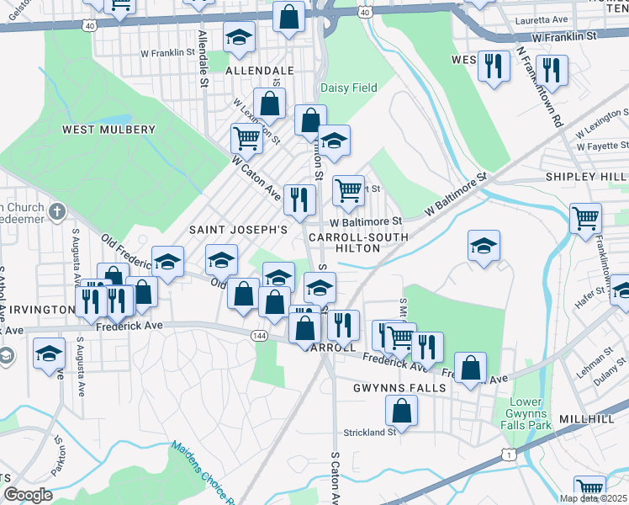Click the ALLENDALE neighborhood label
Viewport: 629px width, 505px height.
(259, 72)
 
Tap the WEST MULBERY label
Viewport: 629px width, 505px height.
(109, 130)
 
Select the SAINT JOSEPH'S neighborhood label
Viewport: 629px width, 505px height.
(238, 229)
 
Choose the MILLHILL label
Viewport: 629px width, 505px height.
(598, 394)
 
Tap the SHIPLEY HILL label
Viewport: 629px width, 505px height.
(585, 177)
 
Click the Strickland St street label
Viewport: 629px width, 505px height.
(369, 433)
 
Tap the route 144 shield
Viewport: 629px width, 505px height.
(259, 335)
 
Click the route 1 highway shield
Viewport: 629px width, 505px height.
(508, 454)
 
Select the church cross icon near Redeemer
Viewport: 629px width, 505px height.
(55, 210)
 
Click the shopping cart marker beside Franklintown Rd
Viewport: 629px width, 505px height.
(585, 218)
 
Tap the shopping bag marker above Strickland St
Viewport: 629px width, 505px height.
(401, 411)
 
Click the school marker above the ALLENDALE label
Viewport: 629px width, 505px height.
(239, 37)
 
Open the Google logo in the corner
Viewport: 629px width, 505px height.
(28, 494)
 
